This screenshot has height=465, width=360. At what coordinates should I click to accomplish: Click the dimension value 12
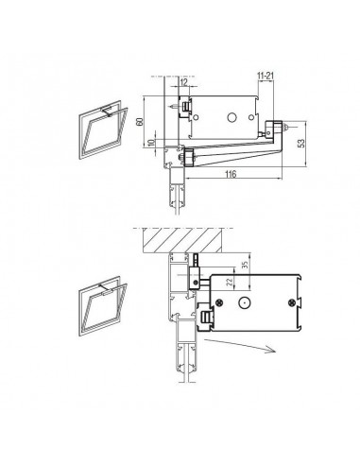(183, 82)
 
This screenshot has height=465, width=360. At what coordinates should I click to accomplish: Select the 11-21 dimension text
(266, 76)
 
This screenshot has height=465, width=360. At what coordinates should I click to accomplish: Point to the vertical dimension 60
(140, 121)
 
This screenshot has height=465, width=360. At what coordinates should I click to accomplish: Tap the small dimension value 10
(151, 143)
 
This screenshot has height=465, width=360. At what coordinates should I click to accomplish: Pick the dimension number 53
(301, 144)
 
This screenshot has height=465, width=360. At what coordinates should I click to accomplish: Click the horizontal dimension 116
(231, 174)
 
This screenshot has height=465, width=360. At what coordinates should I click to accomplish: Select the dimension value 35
(246, 264)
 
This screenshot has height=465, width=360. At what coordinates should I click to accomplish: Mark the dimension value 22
(231, 281)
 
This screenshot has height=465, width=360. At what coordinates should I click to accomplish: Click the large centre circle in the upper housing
(232, 117)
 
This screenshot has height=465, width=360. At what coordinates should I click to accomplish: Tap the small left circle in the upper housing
(196, 117)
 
